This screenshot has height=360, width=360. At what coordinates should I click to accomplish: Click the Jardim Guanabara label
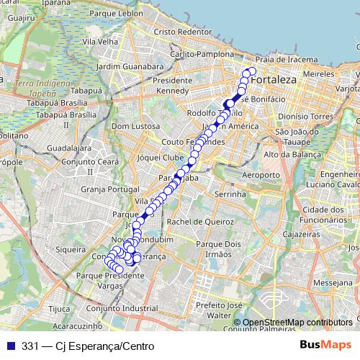click(125, 66)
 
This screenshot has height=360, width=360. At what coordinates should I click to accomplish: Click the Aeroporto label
click(261, 176)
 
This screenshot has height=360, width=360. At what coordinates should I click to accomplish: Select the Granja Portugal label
click(109, 189)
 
